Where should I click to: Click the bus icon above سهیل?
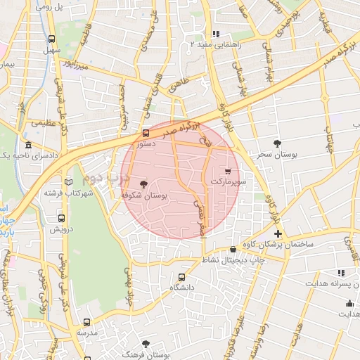52,39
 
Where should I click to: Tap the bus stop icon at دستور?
146,132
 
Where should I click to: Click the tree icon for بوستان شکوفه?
144,184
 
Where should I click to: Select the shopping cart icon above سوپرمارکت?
227,171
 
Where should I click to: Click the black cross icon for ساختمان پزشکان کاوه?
278,233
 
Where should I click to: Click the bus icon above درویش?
62,218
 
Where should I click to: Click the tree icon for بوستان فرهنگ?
146,343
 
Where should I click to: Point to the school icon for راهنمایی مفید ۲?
216,34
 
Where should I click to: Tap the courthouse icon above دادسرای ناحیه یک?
28,145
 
